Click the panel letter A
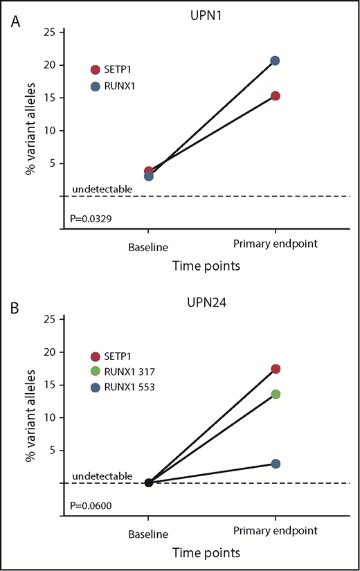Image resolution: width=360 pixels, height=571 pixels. (15, 23)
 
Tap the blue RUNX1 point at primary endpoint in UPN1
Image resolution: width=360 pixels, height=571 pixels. (275, 61)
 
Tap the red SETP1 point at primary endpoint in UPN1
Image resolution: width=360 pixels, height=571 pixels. (275, 96)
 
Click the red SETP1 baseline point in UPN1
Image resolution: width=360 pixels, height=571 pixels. (148, 171)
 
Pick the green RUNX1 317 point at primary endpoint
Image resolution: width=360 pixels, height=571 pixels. (276, 394)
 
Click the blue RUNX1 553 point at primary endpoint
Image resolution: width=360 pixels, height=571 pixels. (276, 463)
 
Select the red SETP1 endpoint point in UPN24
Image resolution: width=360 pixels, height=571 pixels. (276, 369)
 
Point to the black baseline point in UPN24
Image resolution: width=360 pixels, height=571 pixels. (148, 482)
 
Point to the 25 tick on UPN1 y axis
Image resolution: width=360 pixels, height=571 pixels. (51, 32)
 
